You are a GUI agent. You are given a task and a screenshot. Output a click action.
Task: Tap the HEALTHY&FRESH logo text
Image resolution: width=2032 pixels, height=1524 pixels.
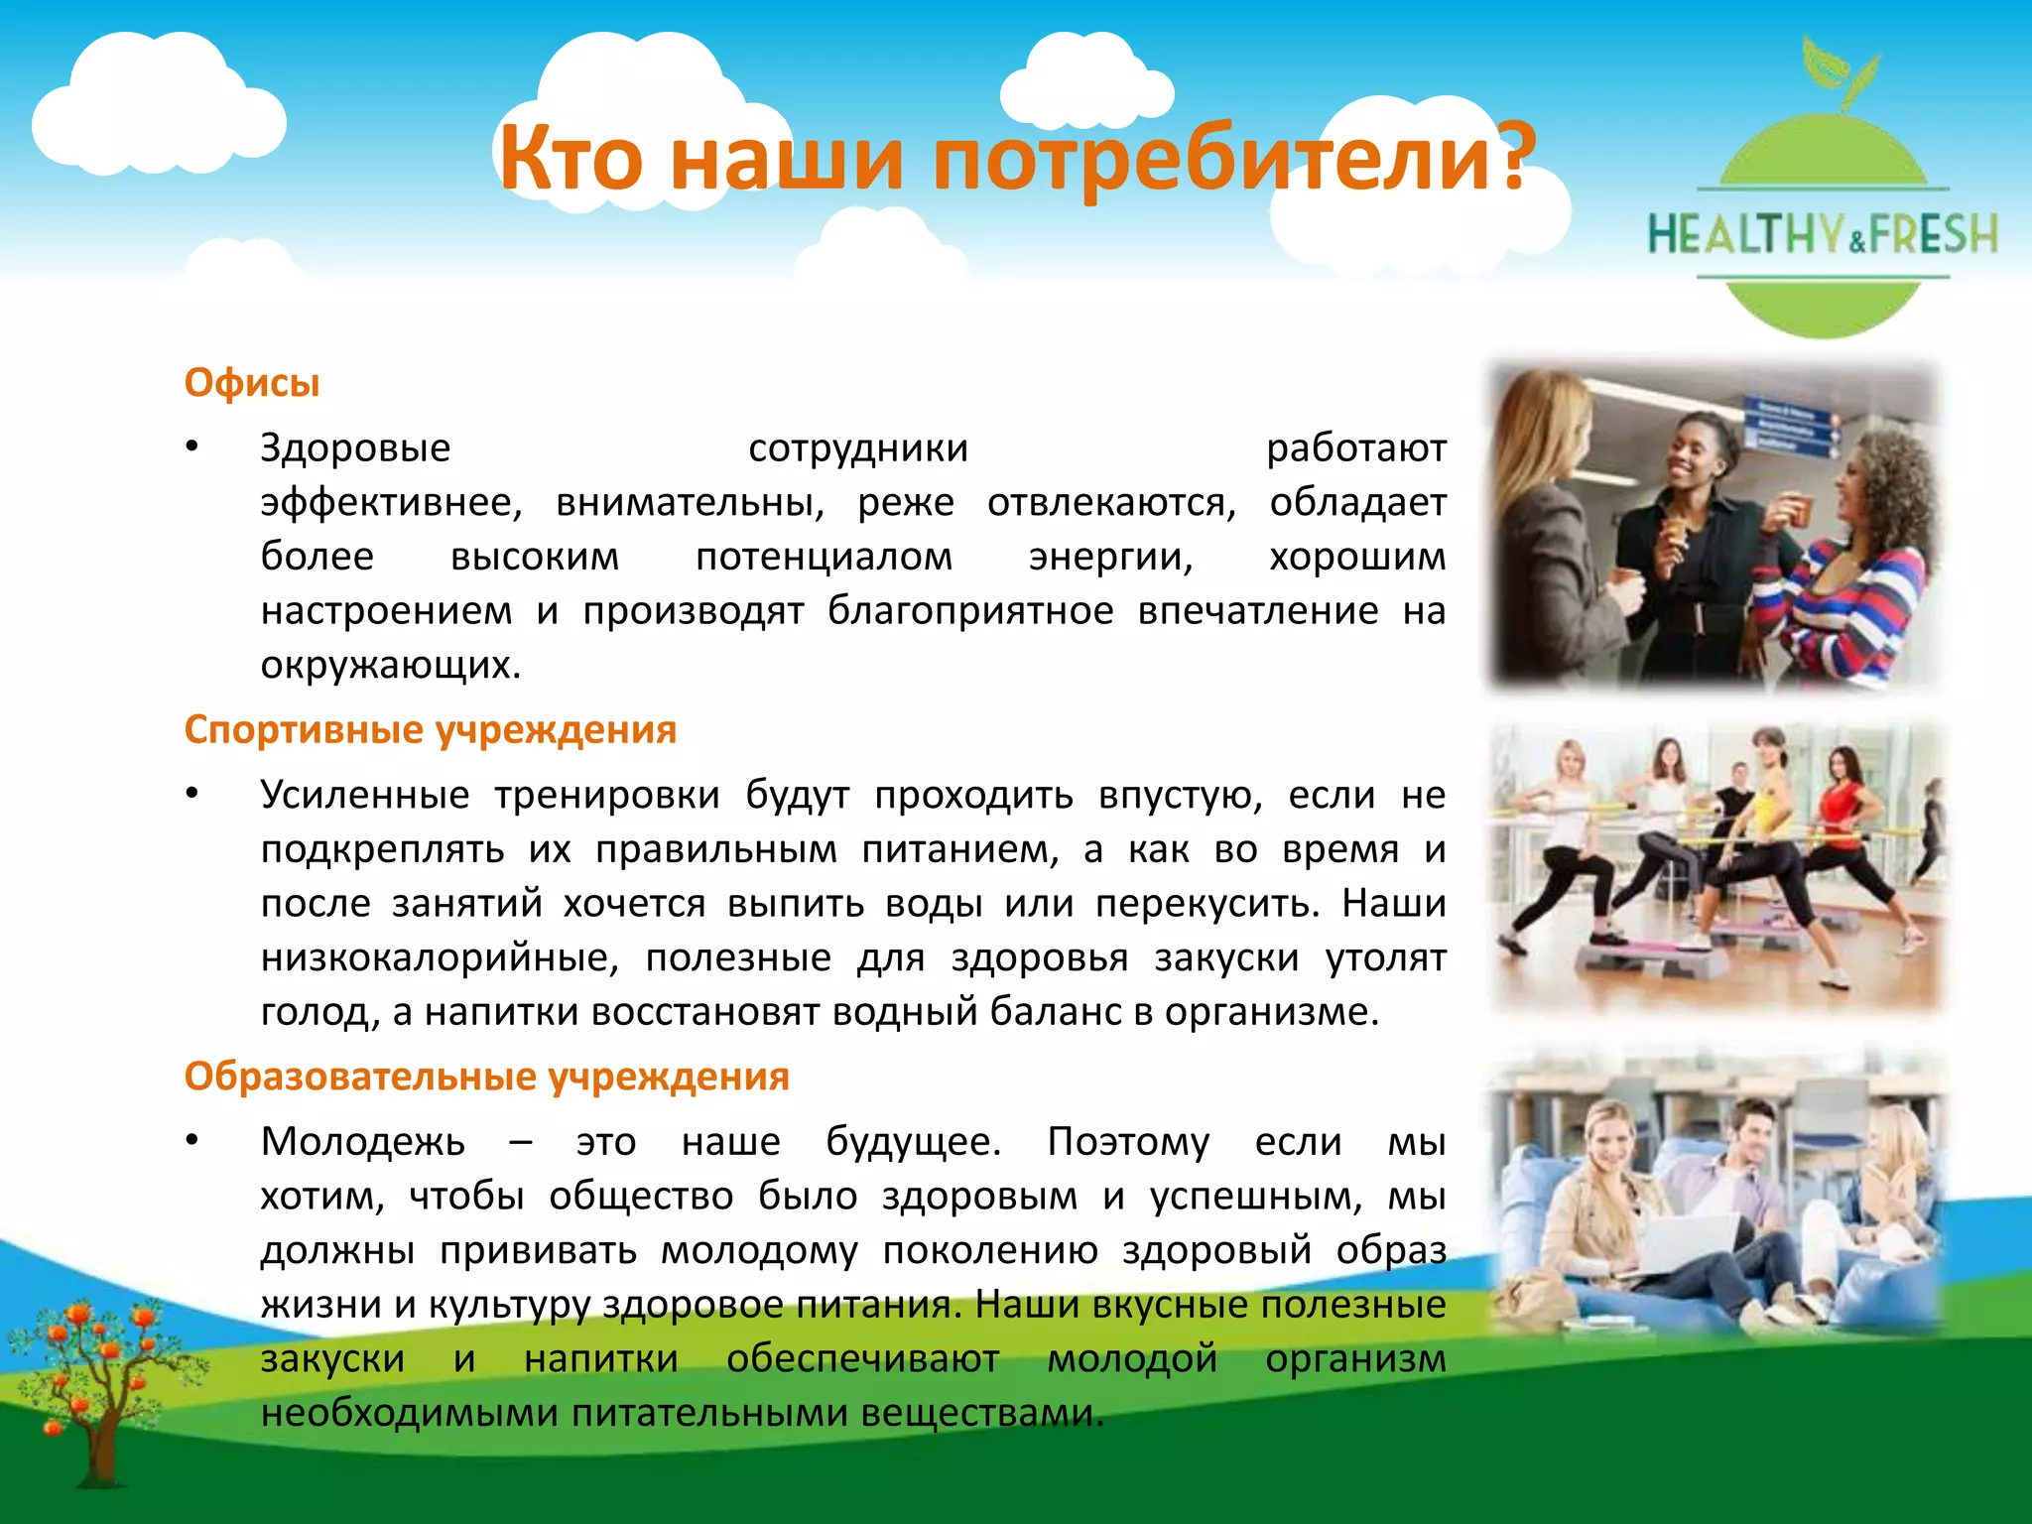tap(1823, 235)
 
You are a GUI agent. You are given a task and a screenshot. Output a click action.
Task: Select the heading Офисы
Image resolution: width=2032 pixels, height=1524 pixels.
tap(252, 383)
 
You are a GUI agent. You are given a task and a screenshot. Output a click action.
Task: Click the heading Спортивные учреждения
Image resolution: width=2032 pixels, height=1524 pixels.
tap(430, 729)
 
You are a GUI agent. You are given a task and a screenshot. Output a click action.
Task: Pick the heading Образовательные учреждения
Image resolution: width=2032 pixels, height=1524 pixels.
tap(486, 1077)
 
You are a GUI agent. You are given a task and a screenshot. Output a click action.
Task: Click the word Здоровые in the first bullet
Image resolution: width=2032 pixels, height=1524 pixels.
tap(355, 448)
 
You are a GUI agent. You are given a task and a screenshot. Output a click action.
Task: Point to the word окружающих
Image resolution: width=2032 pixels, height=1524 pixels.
tap(390, 665)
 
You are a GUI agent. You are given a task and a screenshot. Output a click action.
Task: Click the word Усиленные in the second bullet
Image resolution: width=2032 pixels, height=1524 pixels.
tap(364, 795)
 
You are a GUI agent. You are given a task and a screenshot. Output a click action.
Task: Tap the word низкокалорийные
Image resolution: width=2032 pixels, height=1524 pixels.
tap(440, 957)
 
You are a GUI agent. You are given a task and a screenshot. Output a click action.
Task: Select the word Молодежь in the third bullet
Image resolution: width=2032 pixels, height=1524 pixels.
tap(362, 1142)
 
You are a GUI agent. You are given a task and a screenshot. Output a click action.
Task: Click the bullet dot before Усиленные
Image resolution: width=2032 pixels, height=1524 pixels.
tap(192, 794)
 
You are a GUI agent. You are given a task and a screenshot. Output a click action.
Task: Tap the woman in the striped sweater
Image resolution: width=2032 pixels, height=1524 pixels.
tap(1845, 575)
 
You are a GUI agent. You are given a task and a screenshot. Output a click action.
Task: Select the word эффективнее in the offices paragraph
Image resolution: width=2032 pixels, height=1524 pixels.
tap(391, 503)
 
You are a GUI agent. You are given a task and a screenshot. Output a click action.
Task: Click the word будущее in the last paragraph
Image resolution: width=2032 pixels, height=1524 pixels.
tap(913, 1142)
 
